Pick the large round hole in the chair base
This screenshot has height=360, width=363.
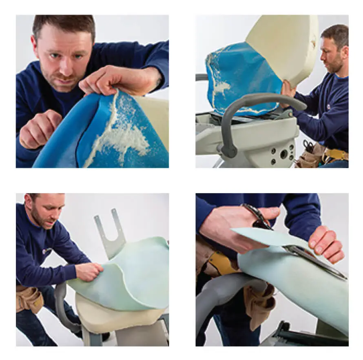coord(283,154)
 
